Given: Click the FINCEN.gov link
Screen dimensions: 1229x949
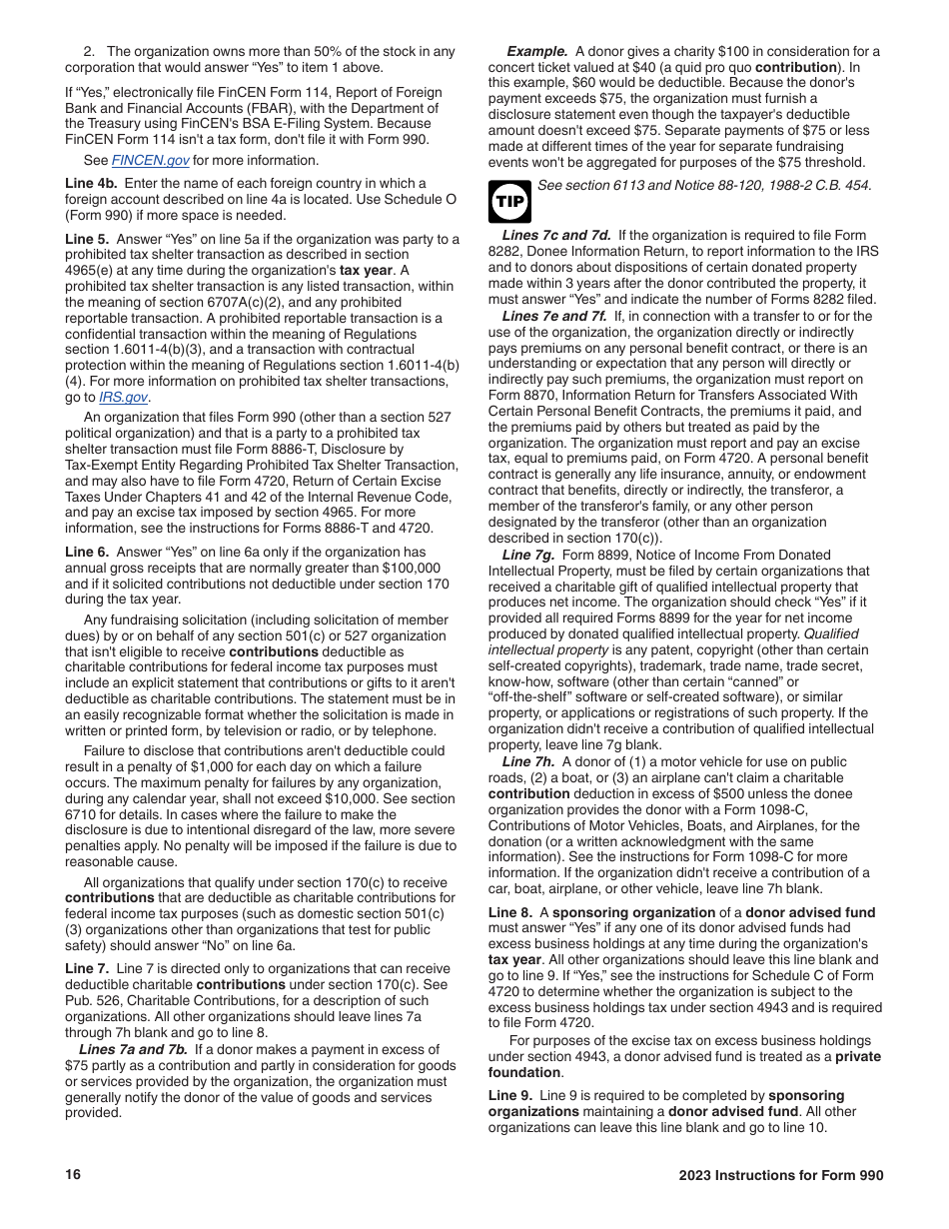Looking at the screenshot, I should coord(150,161).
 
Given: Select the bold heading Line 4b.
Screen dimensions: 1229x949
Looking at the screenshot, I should coord(91,184).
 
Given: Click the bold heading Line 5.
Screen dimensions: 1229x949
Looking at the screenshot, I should coord(87,239).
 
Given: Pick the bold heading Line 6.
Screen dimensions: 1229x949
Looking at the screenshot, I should coord(87,552).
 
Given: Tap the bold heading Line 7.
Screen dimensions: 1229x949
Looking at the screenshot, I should coord(87,968).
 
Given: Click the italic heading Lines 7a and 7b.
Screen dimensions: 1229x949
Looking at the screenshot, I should coord(133,1049).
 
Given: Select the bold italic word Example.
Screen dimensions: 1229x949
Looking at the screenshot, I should coord(536,51).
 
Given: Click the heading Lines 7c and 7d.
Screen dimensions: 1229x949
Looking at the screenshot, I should coord(555,236).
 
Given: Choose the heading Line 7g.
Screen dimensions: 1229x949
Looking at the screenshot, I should coord(528,555).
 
